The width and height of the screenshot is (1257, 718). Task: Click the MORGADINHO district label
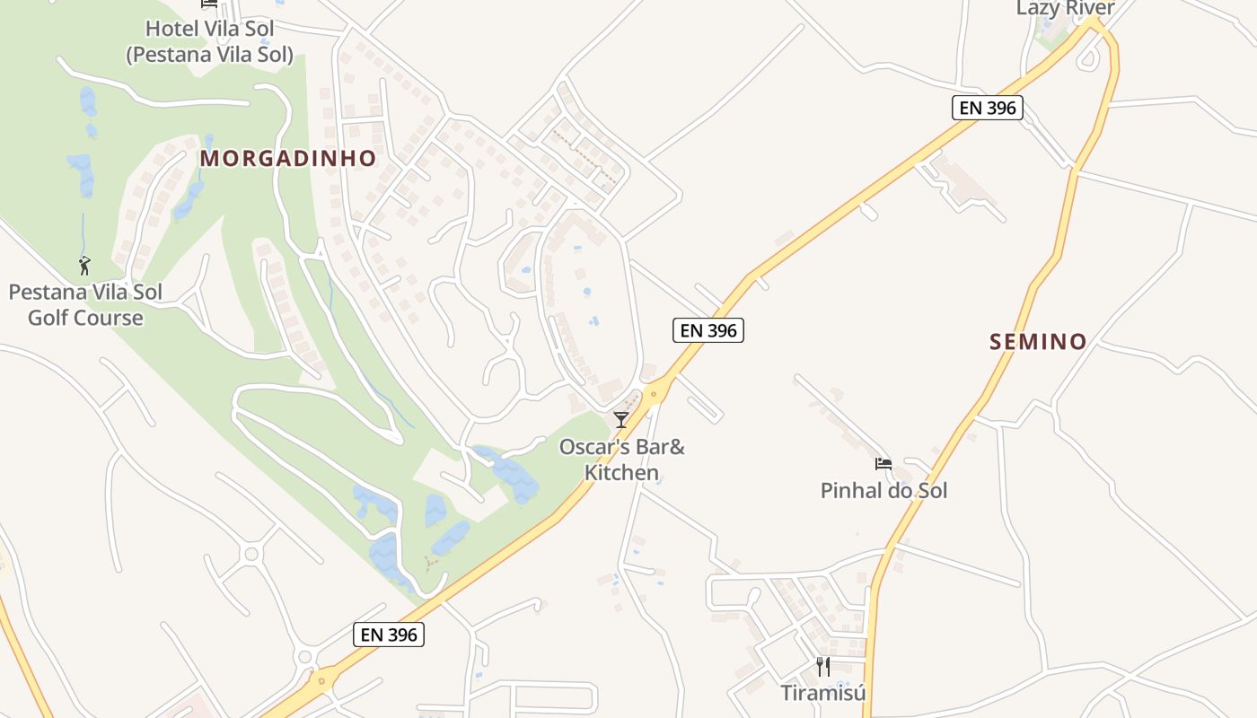(x=287, y=159)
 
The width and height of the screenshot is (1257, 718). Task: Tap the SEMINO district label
(x=1038, y=342)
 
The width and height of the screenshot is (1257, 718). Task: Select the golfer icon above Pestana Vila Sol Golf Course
(x=84, y=266)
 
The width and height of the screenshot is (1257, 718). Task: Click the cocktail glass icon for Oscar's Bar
(x=620, y=419)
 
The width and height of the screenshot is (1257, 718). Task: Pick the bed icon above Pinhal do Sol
(x=883, y=464)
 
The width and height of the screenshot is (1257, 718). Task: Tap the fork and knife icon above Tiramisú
(x=822, y=667)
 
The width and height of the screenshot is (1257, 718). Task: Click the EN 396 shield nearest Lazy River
(x=987, y=109)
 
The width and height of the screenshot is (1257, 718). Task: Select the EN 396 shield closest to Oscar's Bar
(x=708, y=330)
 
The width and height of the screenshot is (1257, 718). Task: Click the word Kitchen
(x=621, y=472)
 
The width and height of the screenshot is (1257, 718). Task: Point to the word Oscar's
(x=589, y=447)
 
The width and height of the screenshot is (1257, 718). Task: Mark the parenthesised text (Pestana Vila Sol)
(x=209, y=55)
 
